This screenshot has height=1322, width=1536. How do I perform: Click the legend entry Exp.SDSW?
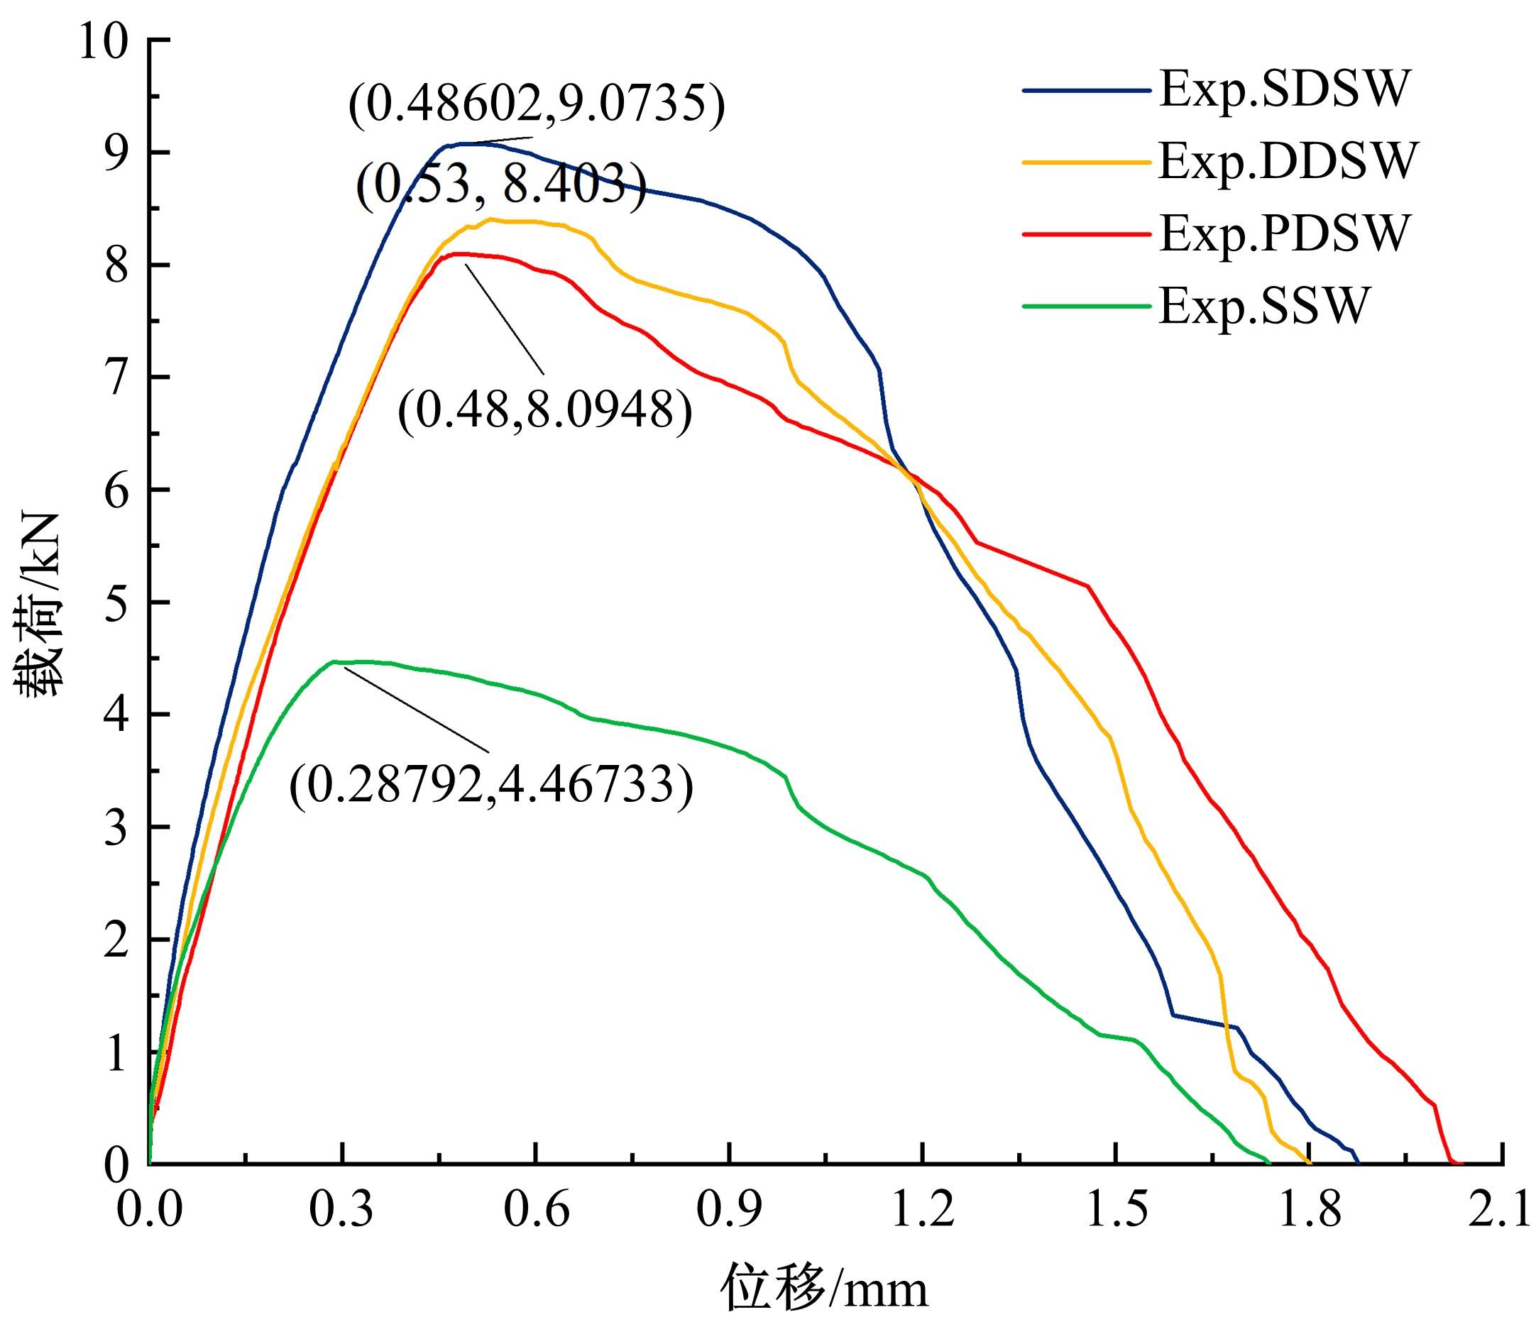[x=1283, y=90]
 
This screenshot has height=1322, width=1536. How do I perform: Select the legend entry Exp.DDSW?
[x=1288, y=162]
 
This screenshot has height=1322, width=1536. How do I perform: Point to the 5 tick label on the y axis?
[x=116, y=602]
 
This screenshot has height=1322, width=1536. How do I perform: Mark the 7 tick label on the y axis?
[x=116, y=378]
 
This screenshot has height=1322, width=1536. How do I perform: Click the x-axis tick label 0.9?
[x=730, y=1210]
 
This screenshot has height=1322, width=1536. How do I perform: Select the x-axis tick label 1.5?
[x=1116, y=1210]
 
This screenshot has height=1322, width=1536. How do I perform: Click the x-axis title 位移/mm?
[x=824, y=1288]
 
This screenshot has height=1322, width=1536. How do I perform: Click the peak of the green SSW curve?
[x=335, y=662]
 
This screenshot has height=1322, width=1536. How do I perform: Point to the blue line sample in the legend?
[x=1086, y=90]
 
